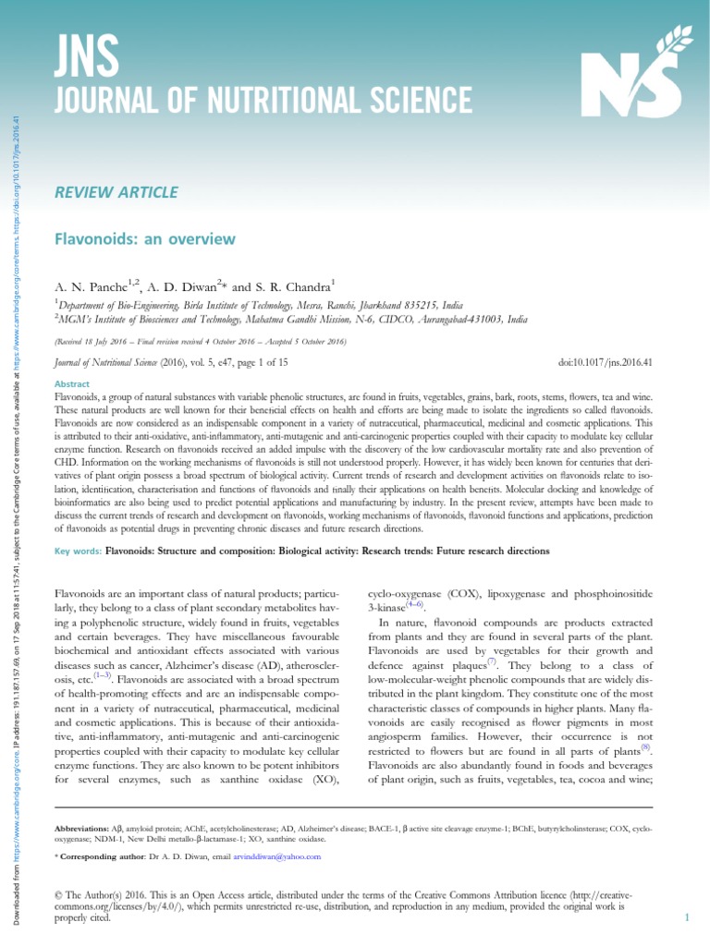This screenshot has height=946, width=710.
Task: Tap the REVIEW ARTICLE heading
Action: pyautogui.click(x=117, y=192)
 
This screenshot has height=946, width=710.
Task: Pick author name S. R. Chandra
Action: pyautogui.click(x=288, y=286)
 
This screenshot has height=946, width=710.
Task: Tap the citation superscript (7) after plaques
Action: pyautogui.click(x=493, y=661)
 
